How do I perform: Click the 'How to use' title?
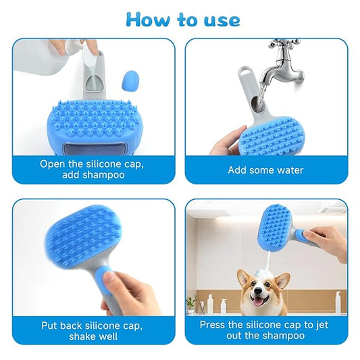click(182, 19)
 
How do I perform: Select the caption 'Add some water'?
click(265, 170)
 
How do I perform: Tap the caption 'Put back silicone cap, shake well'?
click(93, 330)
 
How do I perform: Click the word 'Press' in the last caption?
click(215, 324)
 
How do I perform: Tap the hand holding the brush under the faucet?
click(226, 142)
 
